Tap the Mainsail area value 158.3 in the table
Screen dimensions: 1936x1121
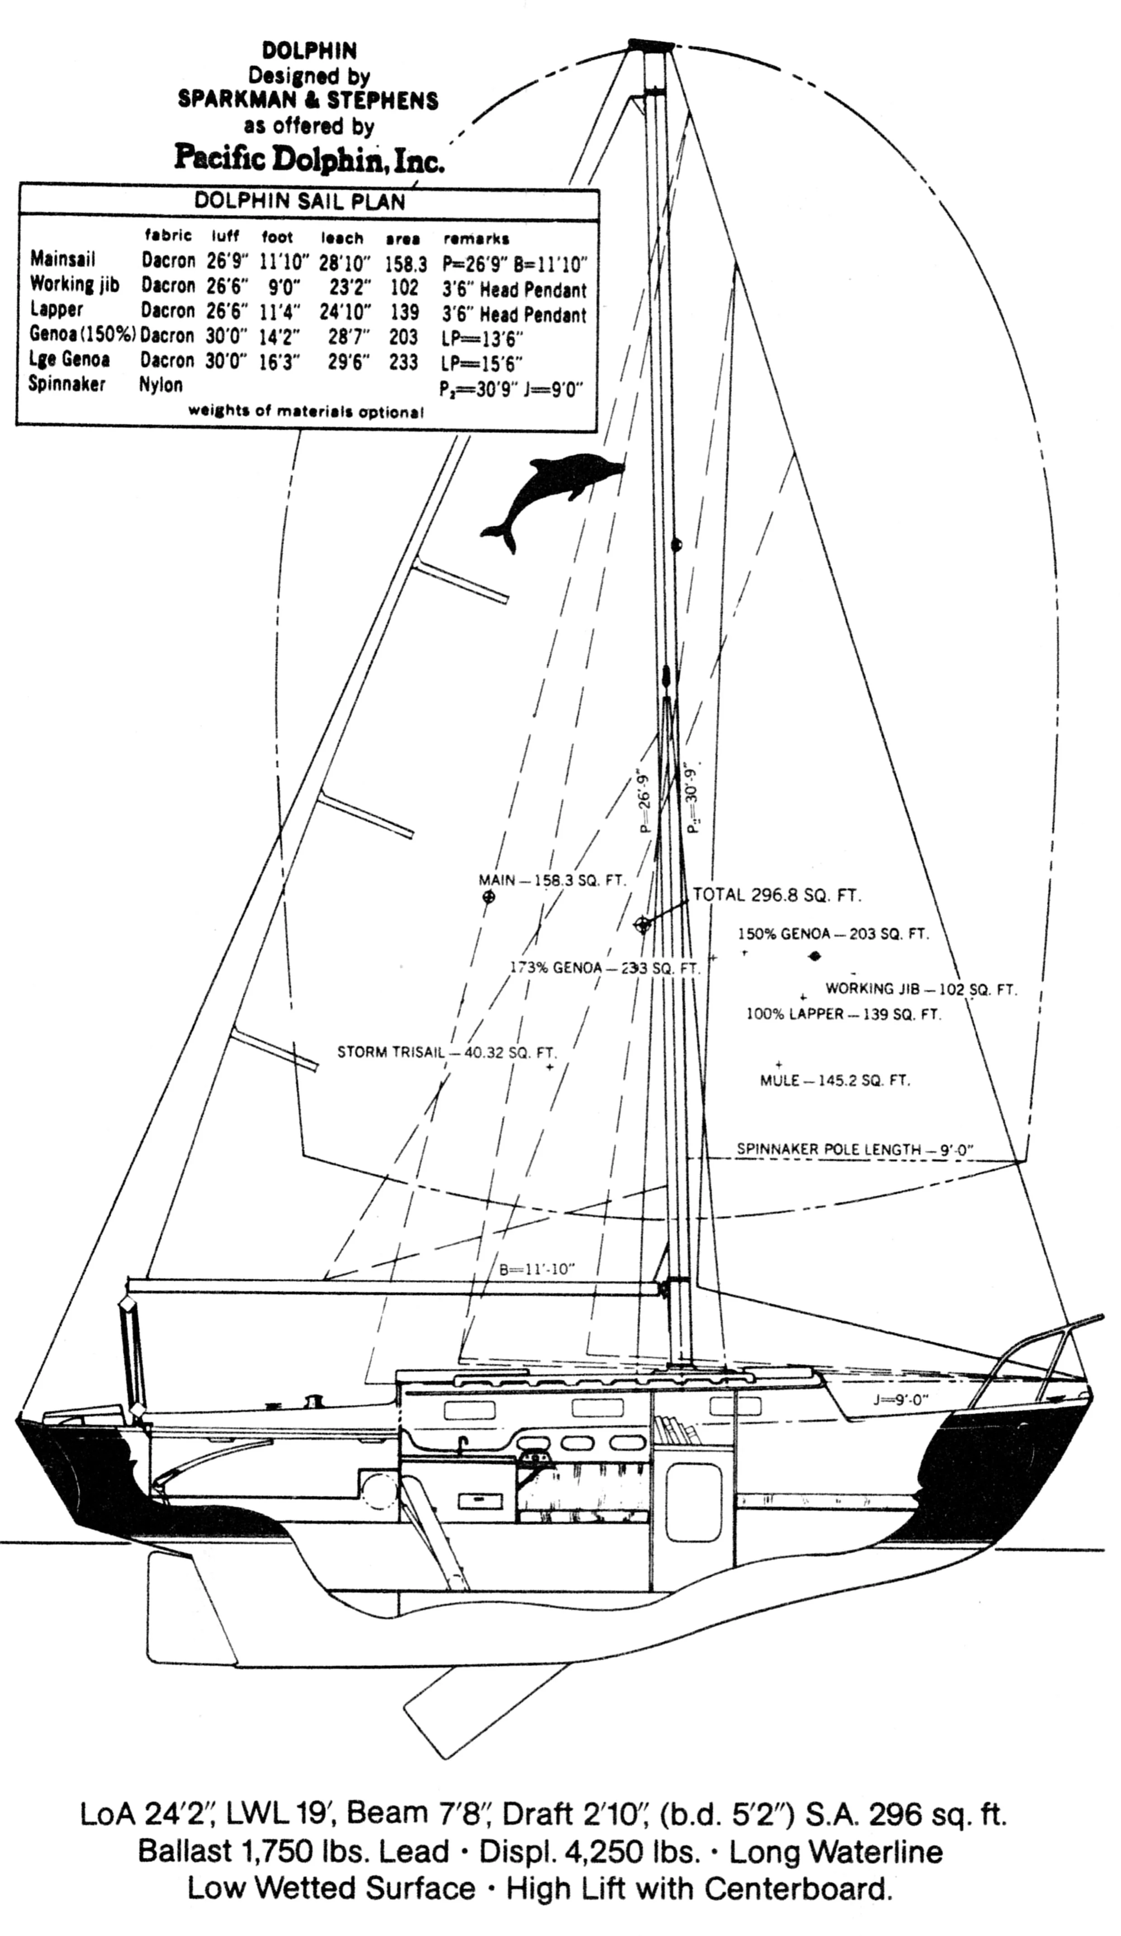point(405,264)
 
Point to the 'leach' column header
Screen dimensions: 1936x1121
point(341,238)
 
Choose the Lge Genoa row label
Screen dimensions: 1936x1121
point(70,359)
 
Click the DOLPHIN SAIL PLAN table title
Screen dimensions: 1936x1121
point(300,201)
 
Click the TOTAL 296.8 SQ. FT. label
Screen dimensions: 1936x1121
point(777,895)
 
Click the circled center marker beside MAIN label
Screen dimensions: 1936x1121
point(488,896)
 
